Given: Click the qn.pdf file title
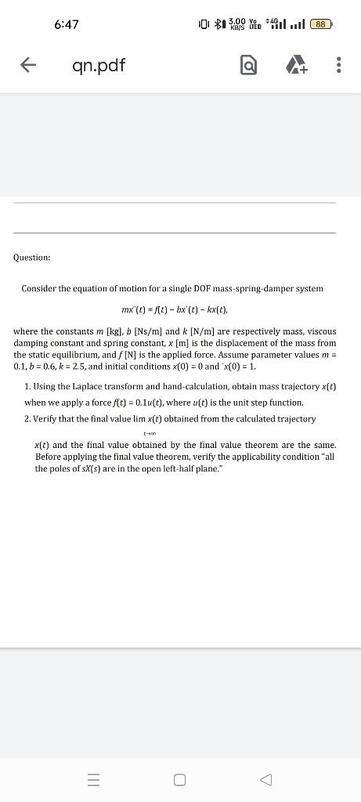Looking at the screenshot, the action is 98,66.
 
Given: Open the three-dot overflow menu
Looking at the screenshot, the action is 338,67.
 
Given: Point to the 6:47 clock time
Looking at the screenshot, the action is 67,24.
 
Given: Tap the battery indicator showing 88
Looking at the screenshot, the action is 320,24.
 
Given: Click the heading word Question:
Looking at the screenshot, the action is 32,257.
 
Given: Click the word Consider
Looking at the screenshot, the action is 39,289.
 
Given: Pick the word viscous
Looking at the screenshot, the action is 320,331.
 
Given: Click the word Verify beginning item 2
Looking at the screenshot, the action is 48,419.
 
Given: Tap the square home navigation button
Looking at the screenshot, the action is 180,779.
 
